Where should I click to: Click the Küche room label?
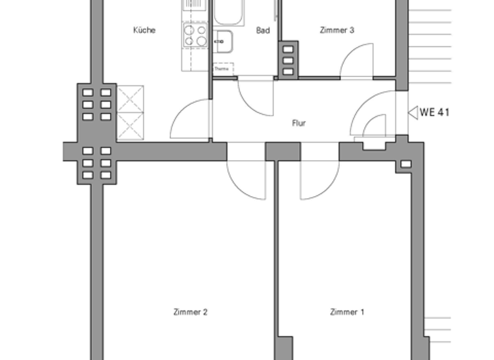point(144,30)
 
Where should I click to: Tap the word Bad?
point(262,30)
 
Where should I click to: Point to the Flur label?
point(298,123)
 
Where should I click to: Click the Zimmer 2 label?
point(190,312)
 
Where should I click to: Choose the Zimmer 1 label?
point(347,312)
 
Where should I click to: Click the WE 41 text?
point(434,113)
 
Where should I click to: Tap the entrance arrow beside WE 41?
point(413,113)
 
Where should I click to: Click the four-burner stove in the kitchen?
point(196,35)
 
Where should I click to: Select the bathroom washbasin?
point(223,42)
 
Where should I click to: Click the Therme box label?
point(222,68)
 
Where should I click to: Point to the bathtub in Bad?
point(228,13)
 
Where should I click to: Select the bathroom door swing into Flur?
point(254,96)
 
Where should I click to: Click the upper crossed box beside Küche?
point(131,98)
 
